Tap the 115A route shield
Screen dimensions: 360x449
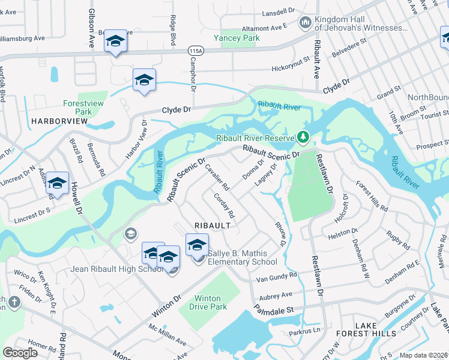pos(195,52)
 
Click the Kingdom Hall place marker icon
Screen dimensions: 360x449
pos(306,23)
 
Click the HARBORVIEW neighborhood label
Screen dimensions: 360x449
pos(59,121)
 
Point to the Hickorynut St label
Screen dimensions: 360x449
pos(291,60)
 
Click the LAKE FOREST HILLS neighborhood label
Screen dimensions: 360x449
pos(375,329)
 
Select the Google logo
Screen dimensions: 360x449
pos(20,353)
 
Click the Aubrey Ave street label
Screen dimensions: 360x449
pos(275,295)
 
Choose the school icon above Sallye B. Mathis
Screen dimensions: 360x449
pos(197,244)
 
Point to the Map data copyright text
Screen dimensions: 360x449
pos(423,355)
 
